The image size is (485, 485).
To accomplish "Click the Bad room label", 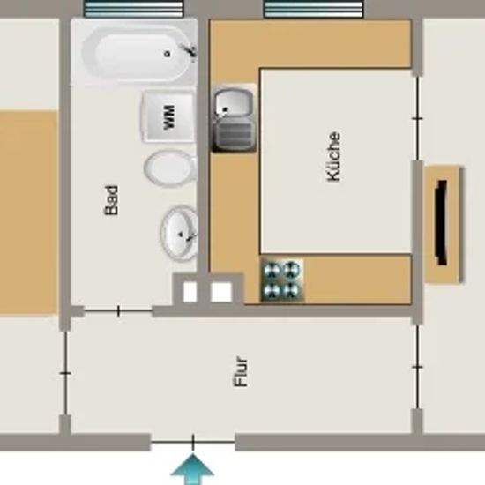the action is point(111,200).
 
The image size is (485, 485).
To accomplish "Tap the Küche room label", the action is point(333,156).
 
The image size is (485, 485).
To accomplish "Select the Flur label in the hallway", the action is point(241,371).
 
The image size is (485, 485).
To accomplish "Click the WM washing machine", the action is point(168,117).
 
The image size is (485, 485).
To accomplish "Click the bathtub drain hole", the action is point(168,54).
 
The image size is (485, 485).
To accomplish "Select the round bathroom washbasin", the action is point(179,233).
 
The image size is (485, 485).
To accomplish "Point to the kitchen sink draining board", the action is point(235,135).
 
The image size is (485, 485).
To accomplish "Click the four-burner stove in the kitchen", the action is point(282,280).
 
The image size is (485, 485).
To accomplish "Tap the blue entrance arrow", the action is point(192,469).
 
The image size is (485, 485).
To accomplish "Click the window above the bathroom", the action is point(134,9).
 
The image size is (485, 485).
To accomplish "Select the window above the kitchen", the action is point(313,9).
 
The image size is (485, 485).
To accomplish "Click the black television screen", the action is point(442,223).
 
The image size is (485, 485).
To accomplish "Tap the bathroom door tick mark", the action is point(118,311).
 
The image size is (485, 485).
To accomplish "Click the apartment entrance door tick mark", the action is point(193,442).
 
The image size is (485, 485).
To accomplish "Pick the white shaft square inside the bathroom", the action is point(190,292).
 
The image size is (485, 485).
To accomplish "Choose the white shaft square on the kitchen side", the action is point(221,292).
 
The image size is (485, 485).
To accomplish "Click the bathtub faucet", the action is point(190,50).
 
